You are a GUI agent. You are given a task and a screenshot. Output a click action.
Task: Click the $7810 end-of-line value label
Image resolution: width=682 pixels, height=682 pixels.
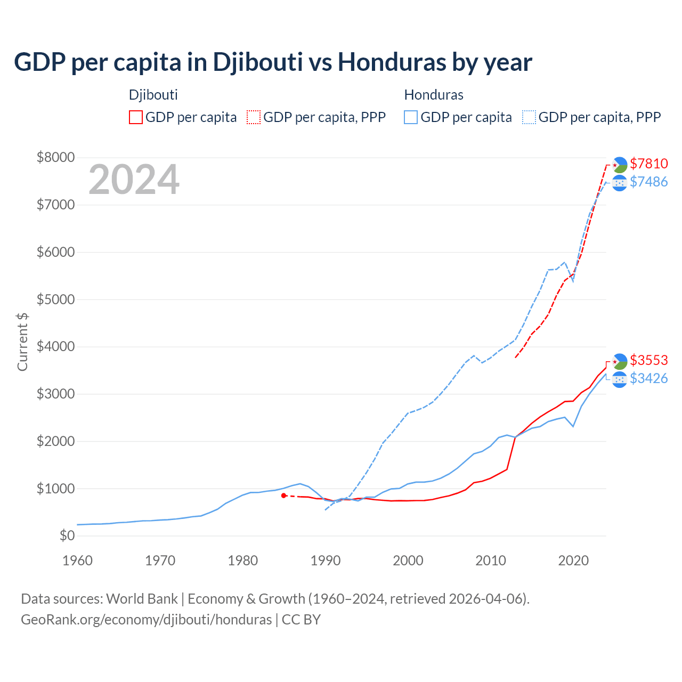click(648, 164)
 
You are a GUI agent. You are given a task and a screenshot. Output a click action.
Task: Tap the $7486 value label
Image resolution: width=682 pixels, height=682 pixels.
click(648, 182)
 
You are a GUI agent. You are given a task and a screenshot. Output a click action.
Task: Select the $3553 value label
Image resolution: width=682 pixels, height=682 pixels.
click(648, 360)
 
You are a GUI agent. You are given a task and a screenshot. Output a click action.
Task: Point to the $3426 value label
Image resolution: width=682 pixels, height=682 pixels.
click(648, 378)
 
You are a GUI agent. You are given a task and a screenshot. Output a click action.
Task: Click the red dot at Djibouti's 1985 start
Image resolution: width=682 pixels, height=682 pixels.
click(284, 496)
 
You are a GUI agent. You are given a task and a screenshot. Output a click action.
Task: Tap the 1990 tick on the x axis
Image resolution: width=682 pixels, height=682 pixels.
click(326, 561)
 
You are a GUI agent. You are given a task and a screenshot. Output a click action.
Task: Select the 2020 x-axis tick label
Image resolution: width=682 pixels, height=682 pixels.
click(573, 561)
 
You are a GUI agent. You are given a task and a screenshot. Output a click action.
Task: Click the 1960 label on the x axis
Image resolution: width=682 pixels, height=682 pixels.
click(78, 561)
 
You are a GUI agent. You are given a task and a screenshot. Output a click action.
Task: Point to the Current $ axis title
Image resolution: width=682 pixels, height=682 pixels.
click(22, 342)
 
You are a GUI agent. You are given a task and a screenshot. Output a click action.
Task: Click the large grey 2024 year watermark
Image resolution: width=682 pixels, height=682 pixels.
click(134, 180)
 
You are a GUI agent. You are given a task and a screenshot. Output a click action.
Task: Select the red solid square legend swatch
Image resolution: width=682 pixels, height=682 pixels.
click(136, 117)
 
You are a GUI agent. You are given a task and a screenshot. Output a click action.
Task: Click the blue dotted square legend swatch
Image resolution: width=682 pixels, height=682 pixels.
click(529, 117)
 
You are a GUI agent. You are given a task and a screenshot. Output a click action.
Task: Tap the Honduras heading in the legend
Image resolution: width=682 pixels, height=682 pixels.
click(434, 95)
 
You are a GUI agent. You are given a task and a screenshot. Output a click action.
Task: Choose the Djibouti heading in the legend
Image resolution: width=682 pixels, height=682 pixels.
click(153, 95)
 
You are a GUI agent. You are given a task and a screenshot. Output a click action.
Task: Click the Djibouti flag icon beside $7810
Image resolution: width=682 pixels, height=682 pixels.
click(619, 165)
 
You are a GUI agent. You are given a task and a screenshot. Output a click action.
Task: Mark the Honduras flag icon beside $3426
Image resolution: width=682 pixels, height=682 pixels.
click(619, 379)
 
